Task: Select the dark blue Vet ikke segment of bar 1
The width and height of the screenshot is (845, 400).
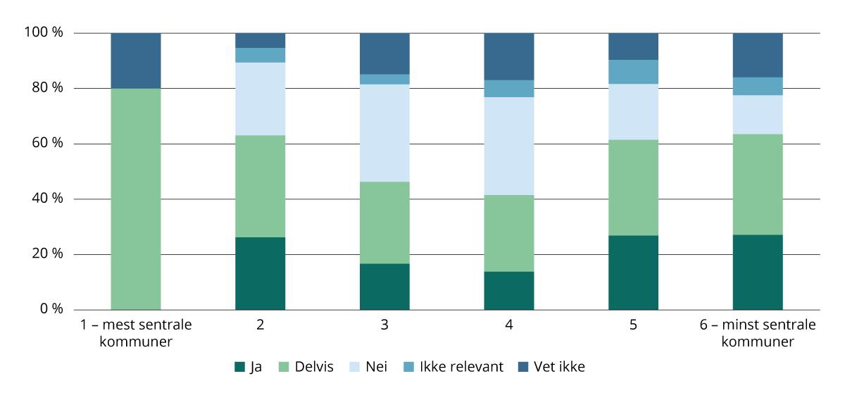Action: tap(136, 61)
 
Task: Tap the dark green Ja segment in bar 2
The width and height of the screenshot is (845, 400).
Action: tap(260, 273)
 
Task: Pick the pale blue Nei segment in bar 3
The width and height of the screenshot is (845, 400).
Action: tap(384, 133)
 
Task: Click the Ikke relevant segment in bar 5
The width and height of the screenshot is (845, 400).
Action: tap(633, 72)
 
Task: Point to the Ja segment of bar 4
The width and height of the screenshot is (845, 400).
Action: tap(508, 290)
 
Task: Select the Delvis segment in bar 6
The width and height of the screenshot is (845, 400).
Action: tap(758, 184)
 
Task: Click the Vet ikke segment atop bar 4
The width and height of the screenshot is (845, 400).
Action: tap(508, 56)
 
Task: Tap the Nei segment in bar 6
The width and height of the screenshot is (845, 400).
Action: tap(758, 114)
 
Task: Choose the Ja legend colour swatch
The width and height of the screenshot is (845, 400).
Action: tap(239, 367)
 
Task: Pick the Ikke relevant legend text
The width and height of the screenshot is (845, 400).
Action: tap(461, 367)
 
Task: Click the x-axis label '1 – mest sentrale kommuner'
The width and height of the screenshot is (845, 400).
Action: tap(136, 334)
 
